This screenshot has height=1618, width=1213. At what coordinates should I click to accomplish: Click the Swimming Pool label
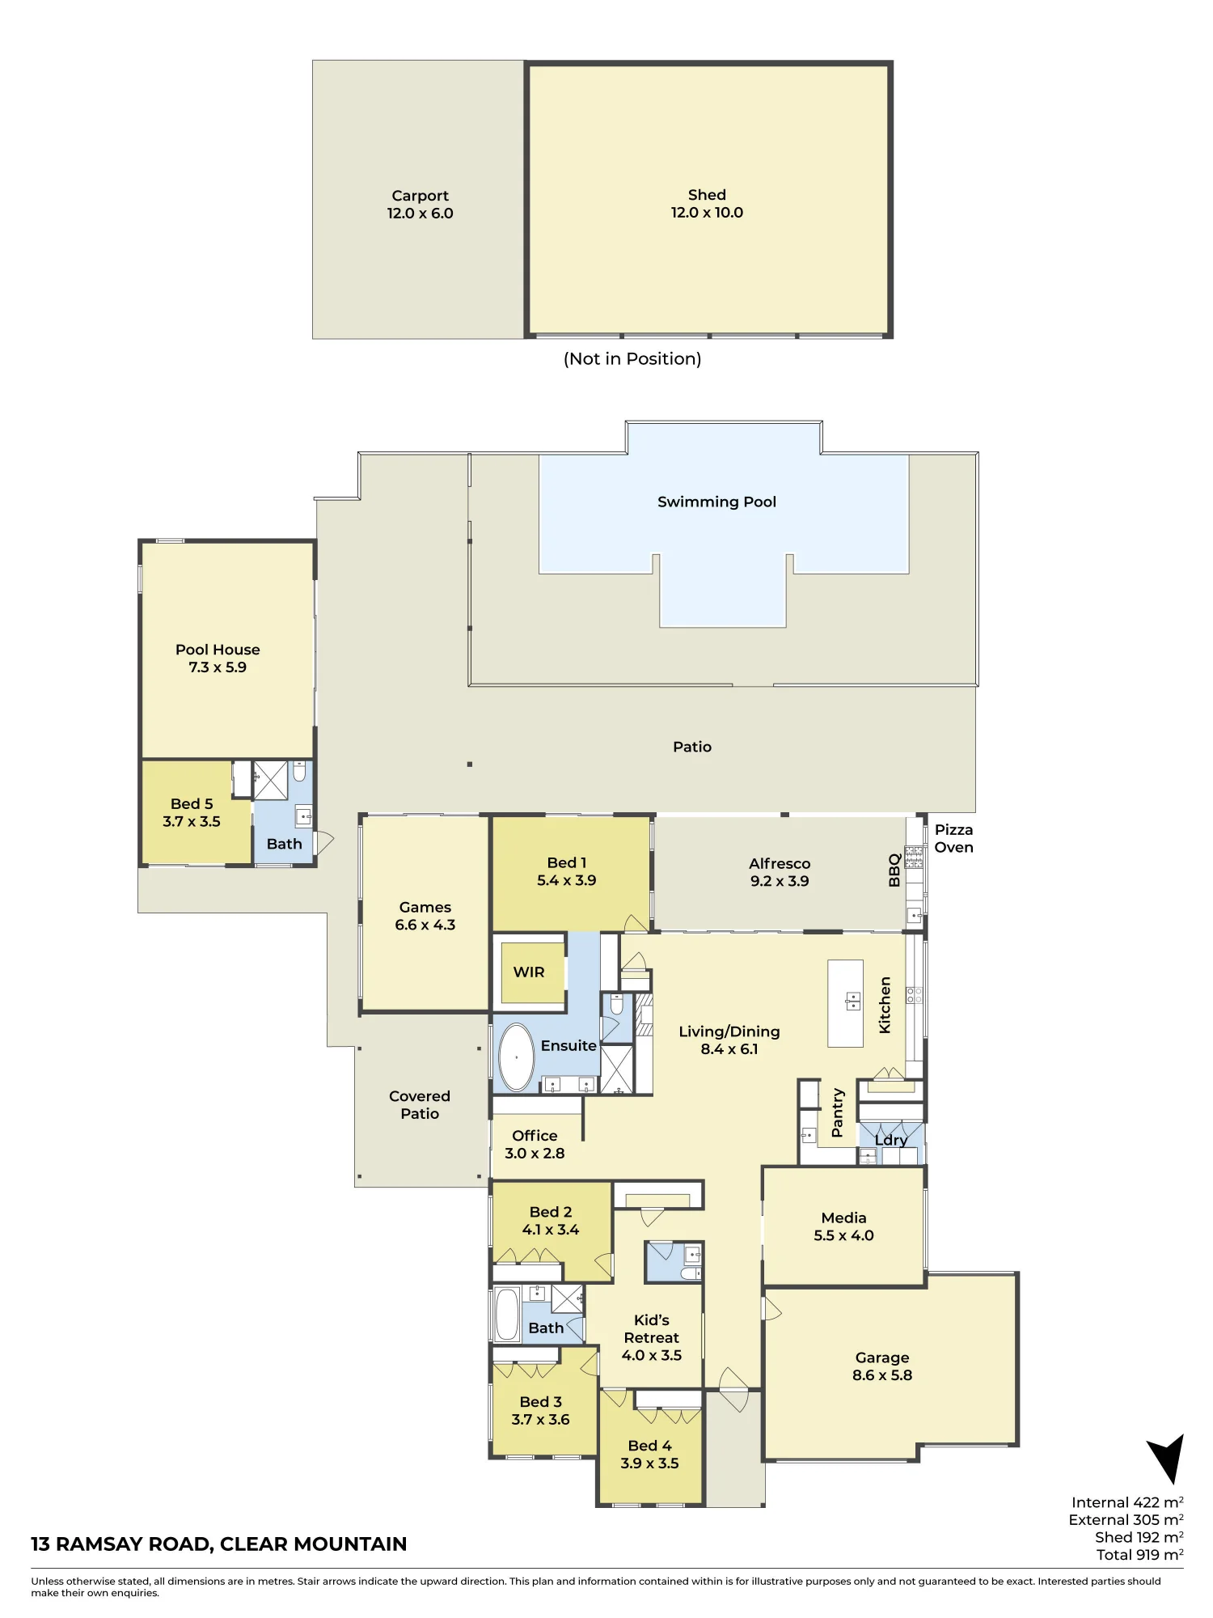pos(716,502)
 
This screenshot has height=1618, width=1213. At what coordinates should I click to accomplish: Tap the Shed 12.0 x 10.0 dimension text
pos(707,213)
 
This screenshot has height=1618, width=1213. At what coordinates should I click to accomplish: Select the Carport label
pos(420,196)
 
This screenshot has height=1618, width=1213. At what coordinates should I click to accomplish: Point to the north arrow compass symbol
pos(1168,1459)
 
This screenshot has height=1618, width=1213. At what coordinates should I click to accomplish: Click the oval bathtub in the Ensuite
pos(516,1057)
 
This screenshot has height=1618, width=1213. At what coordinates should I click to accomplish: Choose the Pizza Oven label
pos(954,838)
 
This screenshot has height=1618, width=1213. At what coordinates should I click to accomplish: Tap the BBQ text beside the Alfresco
pos(894,870)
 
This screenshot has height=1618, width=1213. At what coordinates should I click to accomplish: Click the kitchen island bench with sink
pos(846,1003)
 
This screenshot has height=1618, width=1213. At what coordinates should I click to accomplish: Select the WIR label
pos(529,972)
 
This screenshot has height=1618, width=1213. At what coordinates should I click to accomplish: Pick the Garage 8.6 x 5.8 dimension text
pos(882,1374)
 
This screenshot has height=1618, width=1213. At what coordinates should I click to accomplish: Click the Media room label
pos(843,1218)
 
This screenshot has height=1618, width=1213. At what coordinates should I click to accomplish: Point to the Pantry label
pos(838,1112)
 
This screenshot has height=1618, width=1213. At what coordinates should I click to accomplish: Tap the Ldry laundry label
pos(891,1140)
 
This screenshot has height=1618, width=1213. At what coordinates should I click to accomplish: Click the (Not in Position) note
pos(632,358)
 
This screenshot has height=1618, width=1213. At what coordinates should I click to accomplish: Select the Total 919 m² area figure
pos(1140,1554)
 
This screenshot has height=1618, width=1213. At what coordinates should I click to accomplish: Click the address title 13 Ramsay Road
pos(218,1544)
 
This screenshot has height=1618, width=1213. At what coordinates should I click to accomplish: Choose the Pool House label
pos(218,650)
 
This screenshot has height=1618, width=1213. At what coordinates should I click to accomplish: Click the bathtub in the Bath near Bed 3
pos(507,1315)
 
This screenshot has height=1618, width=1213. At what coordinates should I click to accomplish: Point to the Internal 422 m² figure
pos(1127,1502)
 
